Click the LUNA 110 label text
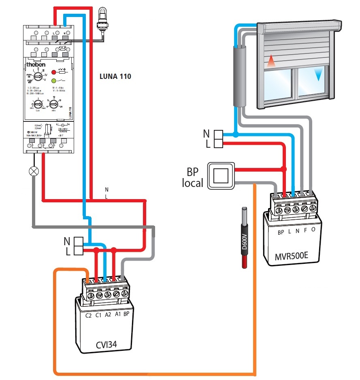pos(115,76)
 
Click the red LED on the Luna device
pos(53,72)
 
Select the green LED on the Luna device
pos(53,81)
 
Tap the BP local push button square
pos(221,176)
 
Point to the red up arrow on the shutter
pos(271,62)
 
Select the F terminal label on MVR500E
pos(305,233)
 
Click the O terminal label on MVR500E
pos(314,233)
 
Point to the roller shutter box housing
pos(298,27)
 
